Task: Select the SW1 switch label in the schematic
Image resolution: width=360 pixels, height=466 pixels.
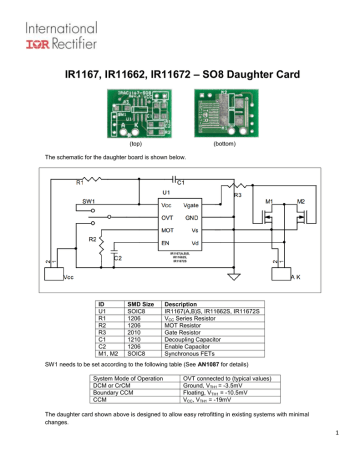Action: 90,201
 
